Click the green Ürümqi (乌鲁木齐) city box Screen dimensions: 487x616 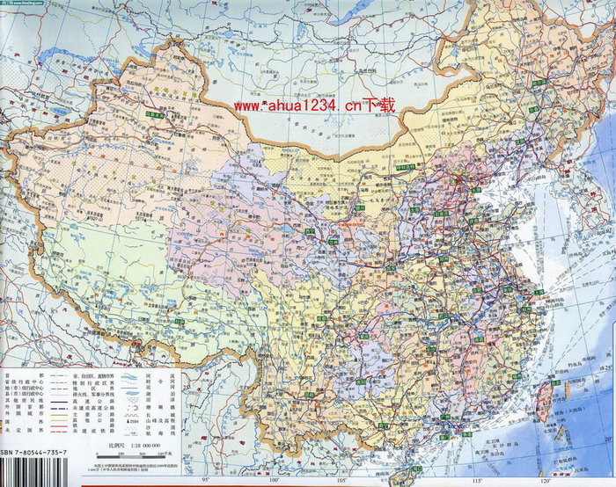point(156,114)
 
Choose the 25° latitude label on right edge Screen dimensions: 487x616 point(607,364)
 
